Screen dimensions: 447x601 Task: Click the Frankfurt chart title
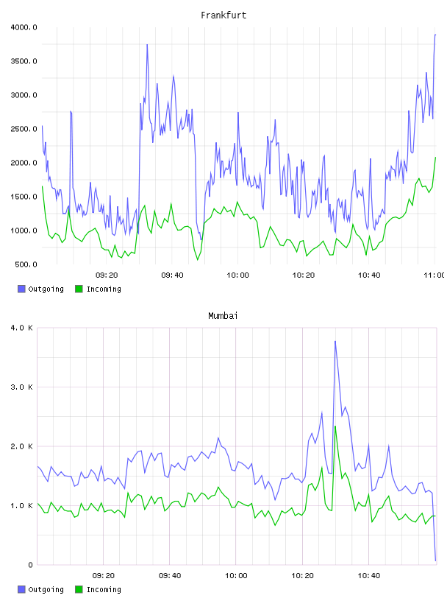coord(223,15)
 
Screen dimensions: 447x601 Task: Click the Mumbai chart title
coord(223,316)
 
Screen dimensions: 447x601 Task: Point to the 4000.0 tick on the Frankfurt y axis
coord(24,27)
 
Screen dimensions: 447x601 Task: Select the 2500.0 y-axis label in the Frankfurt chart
coord(24,129)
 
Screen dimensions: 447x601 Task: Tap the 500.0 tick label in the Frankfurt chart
coord(26,264)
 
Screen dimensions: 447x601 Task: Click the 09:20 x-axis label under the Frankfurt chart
coord(107,275)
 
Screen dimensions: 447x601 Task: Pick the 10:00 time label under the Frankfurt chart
coord(237,275)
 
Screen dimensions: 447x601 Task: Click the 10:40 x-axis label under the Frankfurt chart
coord(369,275)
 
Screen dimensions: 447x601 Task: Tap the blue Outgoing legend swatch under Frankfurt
coord(21,289)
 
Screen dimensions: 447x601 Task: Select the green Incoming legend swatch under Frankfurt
coord(79,289)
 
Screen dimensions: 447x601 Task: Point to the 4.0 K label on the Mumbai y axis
coord(21,328)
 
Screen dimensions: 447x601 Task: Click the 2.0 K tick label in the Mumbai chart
coord(21,446)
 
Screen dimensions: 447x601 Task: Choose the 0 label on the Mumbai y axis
coord(31,565)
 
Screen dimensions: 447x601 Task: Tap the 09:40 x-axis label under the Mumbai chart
coord(170,576)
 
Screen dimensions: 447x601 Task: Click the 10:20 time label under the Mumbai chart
coord(302,576)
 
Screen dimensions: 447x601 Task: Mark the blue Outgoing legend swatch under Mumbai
coord(21,589)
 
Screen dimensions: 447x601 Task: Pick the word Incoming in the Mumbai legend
coord(104,590)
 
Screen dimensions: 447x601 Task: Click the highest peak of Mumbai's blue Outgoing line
coord(335,341)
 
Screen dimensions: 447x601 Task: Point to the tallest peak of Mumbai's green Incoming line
coord(335,426)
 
